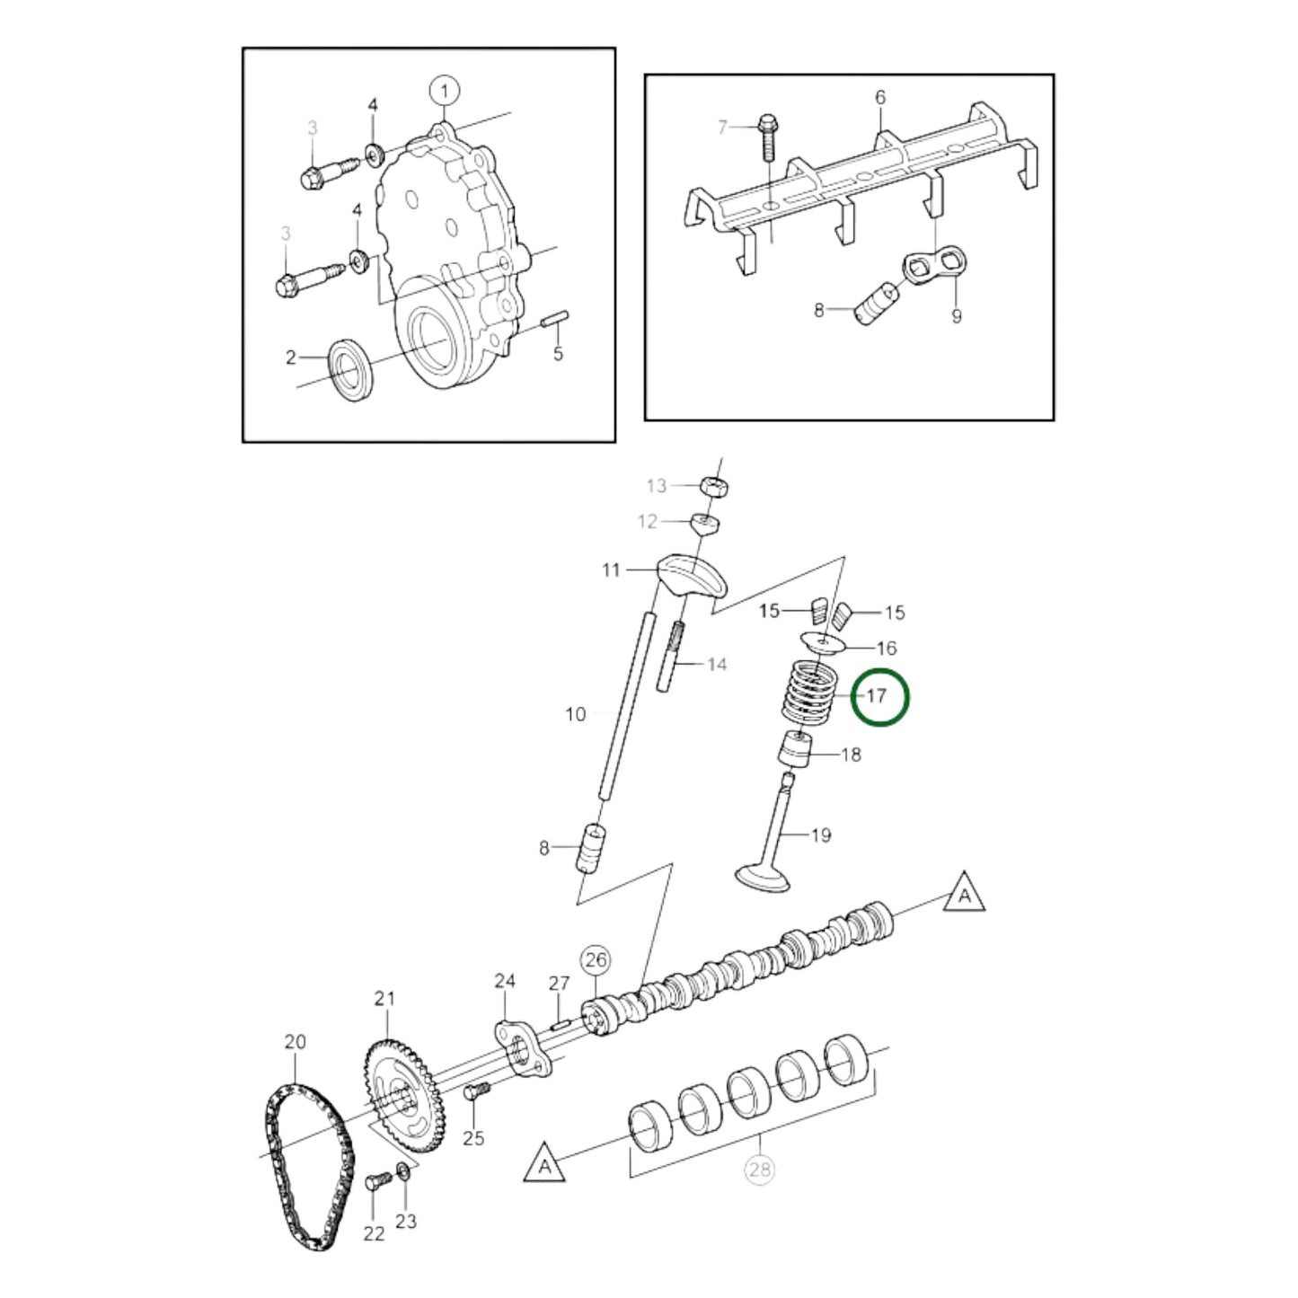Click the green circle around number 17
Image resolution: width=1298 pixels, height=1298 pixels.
pos(879,696)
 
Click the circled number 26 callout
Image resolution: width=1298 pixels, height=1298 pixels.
pos(596,960)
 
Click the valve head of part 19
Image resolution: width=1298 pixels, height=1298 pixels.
pos(763,876)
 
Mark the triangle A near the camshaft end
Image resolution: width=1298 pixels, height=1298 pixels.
pos(965,894)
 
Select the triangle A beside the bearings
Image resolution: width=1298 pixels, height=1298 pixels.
pos(544,1163)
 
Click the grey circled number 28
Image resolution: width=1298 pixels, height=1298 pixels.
pos(760,1169)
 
